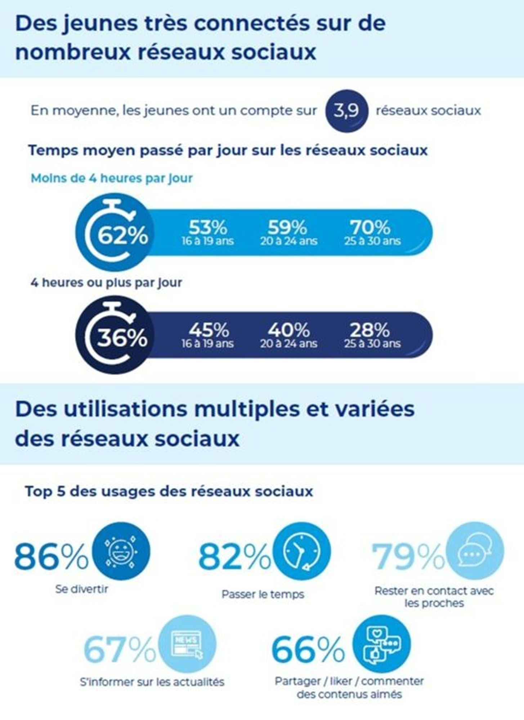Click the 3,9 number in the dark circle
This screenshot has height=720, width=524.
(x=346, y=111)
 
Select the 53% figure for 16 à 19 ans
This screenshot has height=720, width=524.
(x=208, y=228)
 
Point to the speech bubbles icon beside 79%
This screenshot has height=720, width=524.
(x=475, y=551)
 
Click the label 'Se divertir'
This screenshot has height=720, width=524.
(x=81, y=589)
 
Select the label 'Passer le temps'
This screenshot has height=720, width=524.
(x=263, y=594)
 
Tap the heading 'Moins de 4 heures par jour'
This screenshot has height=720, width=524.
(x=112, y=178)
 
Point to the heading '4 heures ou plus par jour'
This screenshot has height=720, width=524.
(x=106, y=283)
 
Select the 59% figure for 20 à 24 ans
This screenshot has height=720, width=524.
(x=287, y=228)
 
